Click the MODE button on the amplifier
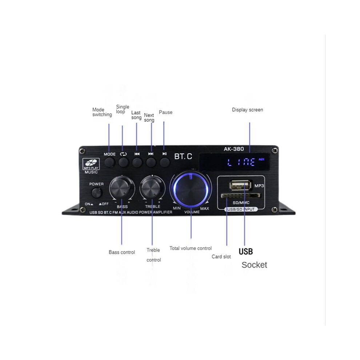tap(109, 162)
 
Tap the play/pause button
tap(165, 162)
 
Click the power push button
tap(96, 193)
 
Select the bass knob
tap(122, 188)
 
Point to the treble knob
tap(152, 188)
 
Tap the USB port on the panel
tap(241, 185)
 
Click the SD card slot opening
tap(241, 196)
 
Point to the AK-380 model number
tap(234, 149)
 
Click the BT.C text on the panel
tap(183, 156)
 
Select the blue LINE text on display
tap(241, 162)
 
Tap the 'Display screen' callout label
tap(247, 110)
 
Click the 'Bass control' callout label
tap(122, 252)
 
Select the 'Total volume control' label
tap(191, 248)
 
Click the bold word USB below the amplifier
tap(246, 251)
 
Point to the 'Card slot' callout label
tap(221, 256)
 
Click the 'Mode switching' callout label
tap(102, 112)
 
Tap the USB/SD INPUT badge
tap(241, 209)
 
